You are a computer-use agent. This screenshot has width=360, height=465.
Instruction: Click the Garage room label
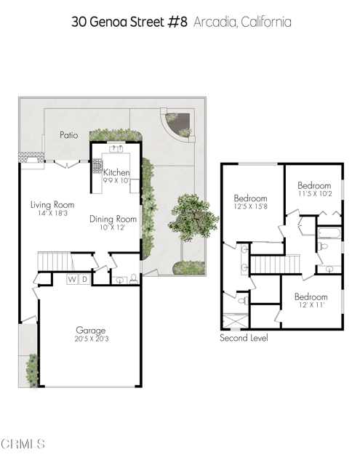click(x=90, y=328)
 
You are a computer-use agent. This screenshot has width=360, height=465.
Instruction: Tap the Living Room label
click(x=53, y=205)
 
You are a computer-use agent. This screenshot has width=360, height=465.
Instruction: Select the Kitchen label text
click(x=116, y=172)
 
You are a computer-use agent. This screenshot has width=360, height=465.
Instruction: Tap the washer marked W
click(x=73, y=280)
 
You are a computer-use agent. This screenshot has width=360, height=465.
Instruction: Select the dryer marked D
click(x=84, y=280)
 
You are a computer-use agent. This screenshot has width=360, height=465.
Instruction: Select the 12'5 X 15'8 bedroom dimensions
click(x=250, y=208)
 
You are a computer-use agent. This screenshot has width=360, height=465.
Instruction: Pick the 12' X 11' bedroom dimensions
click(x=311, y=307)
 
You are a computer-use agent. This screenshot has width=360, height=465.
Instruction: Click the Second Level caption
click(x=243, y=339)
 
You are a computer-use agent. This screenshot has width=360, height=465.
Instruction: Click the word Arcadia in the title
click(x=216, y=22)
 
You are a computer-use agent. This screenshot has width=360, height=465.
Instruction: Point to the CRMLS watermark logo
click(x=23, y=443)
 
